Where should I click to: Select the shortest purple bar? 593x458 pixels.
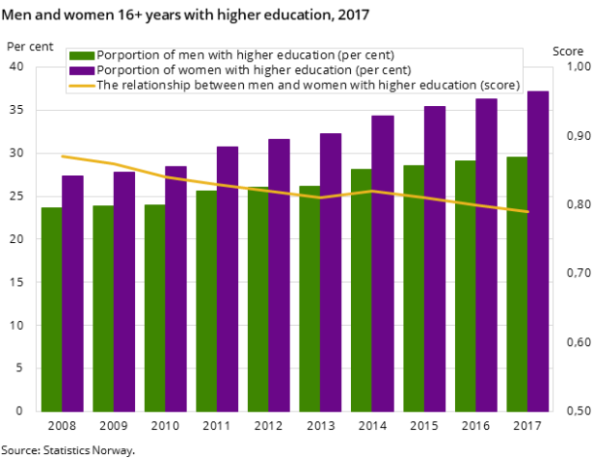coord(73,293)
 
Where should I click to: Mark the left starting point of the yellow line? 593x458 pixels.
coord(62,156)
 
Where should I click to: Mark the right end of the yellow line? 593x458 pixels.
coord(528,211)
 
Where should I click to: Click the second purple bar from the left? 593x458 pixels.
coord(124,291)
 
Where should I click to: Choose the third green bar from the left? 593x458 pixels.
coord(155,307)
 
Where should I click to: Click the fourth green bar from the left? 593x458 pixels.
coord(206,300)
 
